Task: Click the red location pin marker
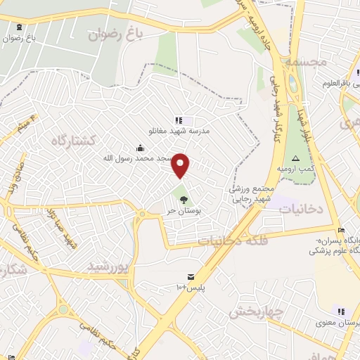click(181, 166)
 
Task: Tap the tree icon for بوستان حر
click(184, 200)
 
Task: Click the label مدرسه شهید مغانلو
click(179, 131)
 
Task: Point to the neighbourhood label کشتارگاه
click(72, 140)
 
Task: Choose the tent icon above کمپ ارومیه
click(295, 158)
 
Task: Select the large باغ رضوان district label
click(115, 32)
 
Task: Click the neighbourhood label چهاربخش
click(256, 311)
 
